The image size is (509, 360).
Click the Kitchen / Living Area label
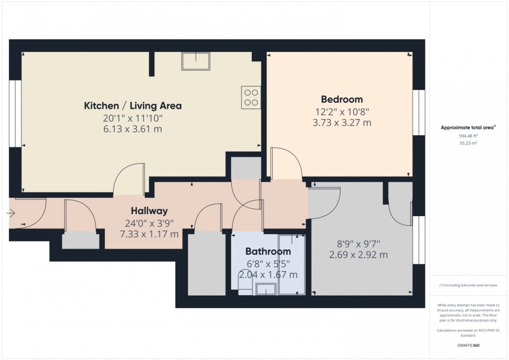(x=133, y=106)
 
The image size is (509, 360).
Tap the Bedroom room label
(x=342, y=99)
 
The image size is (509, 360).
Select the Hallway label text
(x=149, y=211)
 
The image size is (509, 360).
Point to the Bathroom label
(x=268, y=251)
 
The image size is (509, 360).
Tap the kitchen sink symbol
(x=195, y=61)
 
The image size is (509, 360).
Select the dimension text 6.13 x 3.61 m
(x=133, y=129)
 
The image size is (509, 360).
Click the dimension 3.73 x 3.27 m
(x=342, y=123)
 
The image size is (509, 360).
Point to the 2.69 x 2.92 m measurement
(x=358, y=255)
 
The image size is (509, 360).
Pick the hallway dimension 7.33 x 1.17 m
(x=149, y=234)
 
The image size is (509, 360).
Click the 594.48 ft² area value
(x=468, y=136)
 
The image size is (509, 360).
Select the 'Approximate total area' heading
(x=467, y=127)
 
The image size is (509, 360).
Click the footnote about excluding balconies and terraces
(x=468, y=285)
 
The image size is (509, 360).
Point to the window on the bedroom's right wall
(x=419, y=113)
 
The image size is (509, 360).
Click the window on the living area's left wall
(x=15, y=114)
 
